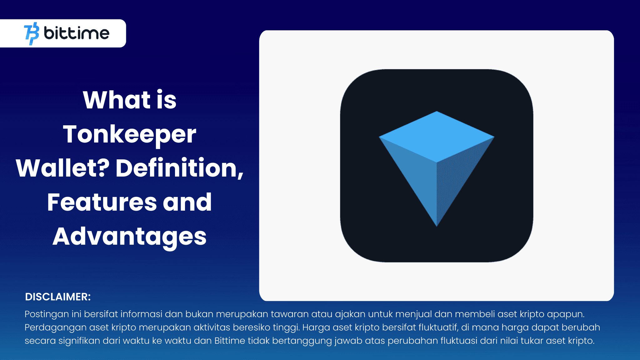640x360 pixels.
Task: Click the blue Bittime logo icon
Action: coord(32,33)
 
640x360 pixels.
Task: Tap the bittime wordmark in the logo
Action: coord(77,33)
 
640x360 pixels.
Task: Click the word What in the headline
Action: coord(117,100)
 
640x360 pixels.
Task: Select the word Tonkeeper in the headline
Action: coord(129,134)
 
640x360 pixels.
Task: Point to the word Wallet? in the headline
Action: coord(62,168)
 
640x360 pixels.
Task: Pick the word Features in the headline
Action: coord(102,202)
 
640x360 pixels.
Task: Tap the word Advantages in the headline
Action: coord(129,236)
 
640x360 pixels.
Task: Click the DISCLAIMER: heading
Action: coord(58,297)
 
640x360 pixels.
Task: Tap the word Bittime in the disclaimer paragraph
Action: coord(230,341)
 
